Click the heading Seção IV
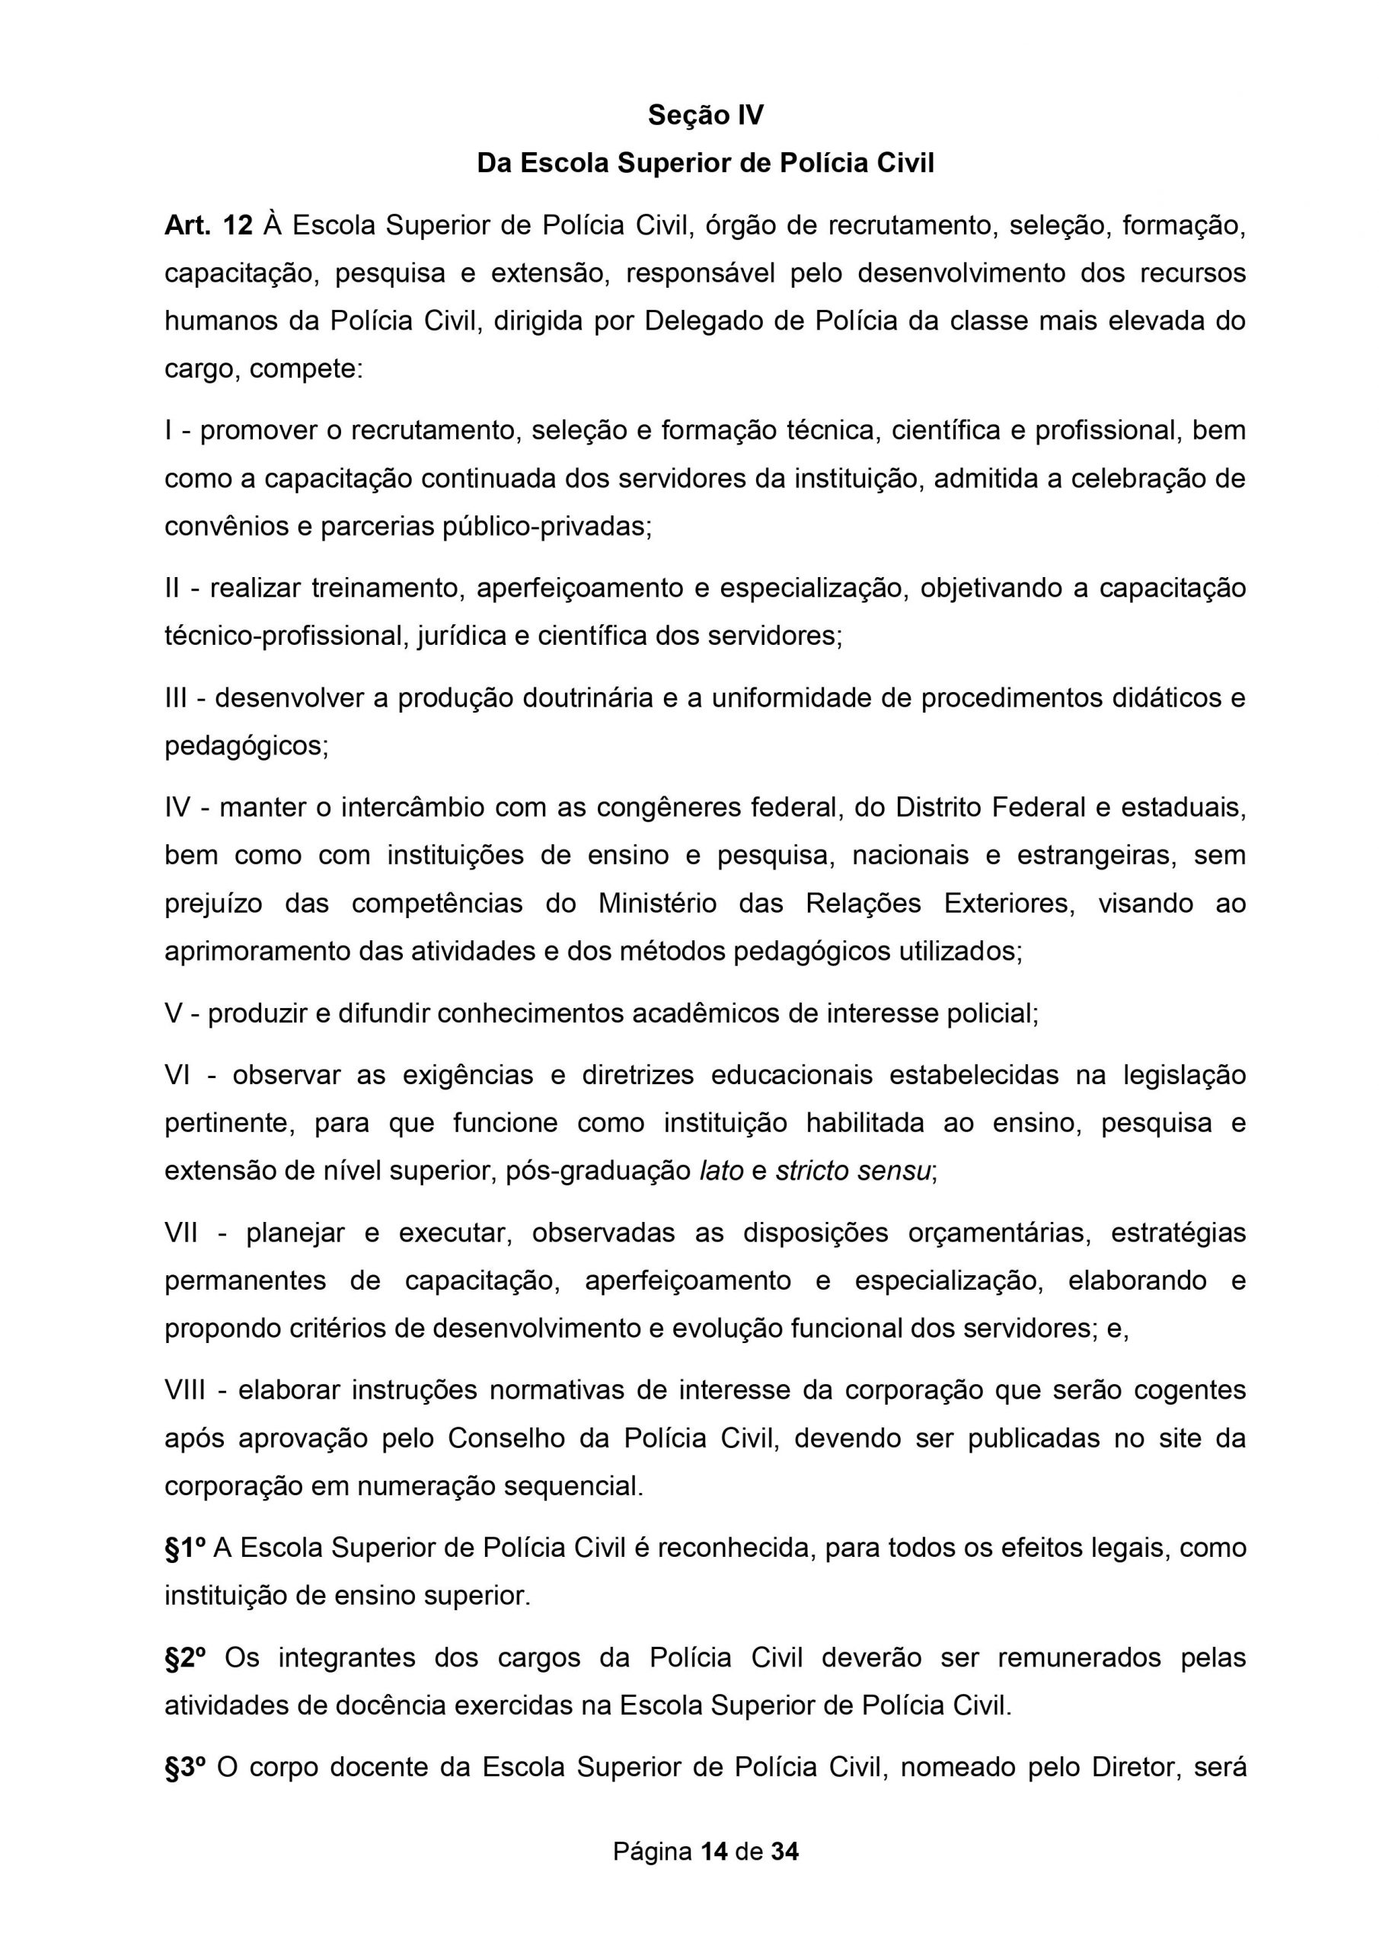tap(706, 115)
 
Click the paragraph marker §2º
tap(185, 1657)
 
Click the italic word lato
tap(721, 1172)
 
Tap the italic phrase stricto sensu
tap(854, 1172)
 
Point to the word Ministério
tap(657, 903)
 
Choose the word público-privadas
tap(547, 526)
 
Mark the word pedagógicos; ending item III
tap(246, 746)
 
